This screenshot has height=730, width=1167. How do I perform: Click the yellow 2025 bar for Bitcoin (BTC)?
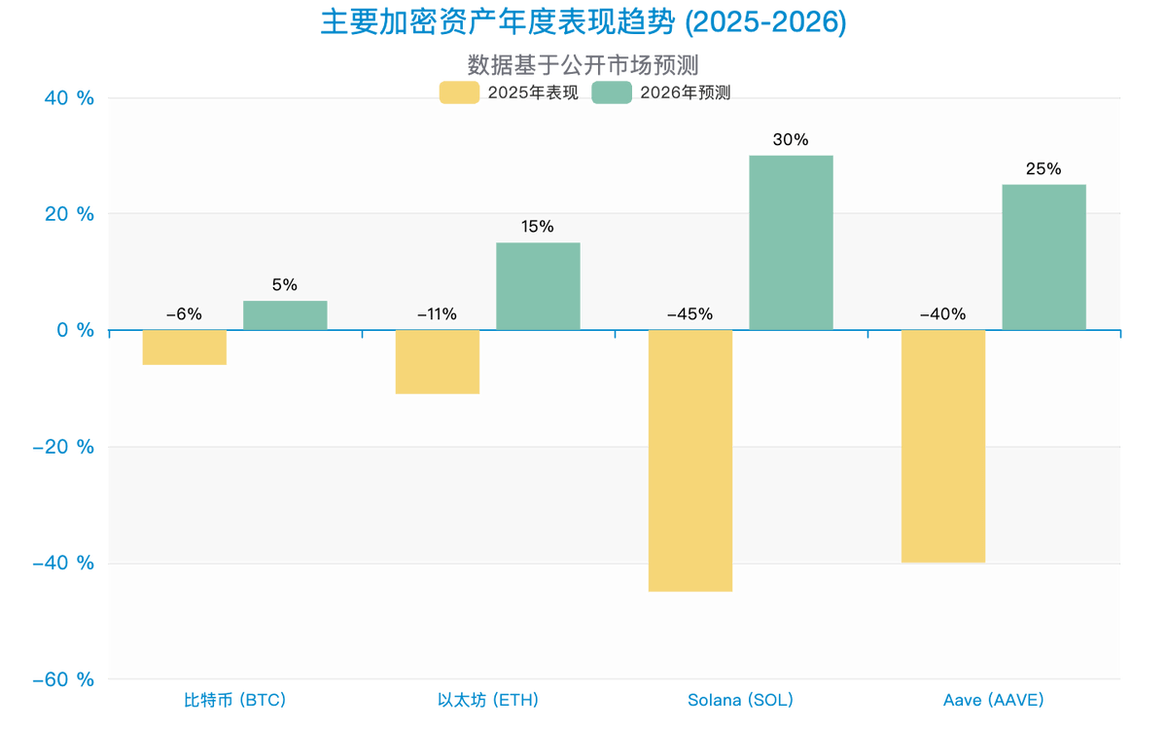[x=185, y=347]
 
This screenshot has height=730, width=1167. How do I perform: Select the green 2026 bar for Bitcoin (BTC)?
[x=285, y=315]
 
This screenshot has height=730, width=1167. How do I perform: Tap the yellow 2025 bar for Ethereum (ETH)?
[x=438, y=362]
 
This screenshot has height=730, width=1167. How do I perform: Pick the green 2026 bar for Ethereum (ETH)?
[x=538, y=286]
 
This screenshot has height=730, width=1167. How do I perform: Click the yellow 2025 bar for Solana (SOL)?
[x=690, y=460]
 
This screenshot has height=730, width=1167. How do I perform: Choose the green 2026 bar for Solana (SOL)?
[x=791, y=242]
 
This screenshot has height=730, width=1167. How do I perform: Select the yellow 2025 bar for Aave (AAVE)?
[x=943, y=446]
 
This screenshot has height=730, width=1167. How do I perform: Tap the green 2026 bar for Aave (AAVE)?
[x=1043, y=257]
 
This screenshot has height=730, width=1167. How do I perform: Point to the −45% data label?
[x=690, y=314]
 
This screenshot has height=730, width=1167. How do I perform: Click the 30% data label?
[x=791, y=139]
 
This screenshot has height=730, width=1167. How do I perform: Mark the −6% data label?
[x=184, y=314]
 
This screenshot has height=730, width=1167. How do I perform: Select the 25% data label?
[x=1043, y=168]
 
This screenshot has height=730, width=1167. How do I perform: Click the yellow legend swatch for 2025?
[x=458, y=92]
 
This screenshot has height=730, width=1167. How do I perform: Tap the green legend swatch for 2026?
[x=613, y=92]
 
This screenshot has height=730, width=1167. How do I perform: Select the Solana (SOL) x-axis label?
[x=741, y=699]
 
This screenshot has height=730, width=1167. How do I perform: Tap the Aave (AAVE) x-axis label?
[x=994, y=699]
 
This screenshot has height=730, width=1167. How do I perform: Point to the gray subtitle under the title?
[x=583, y=64]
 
